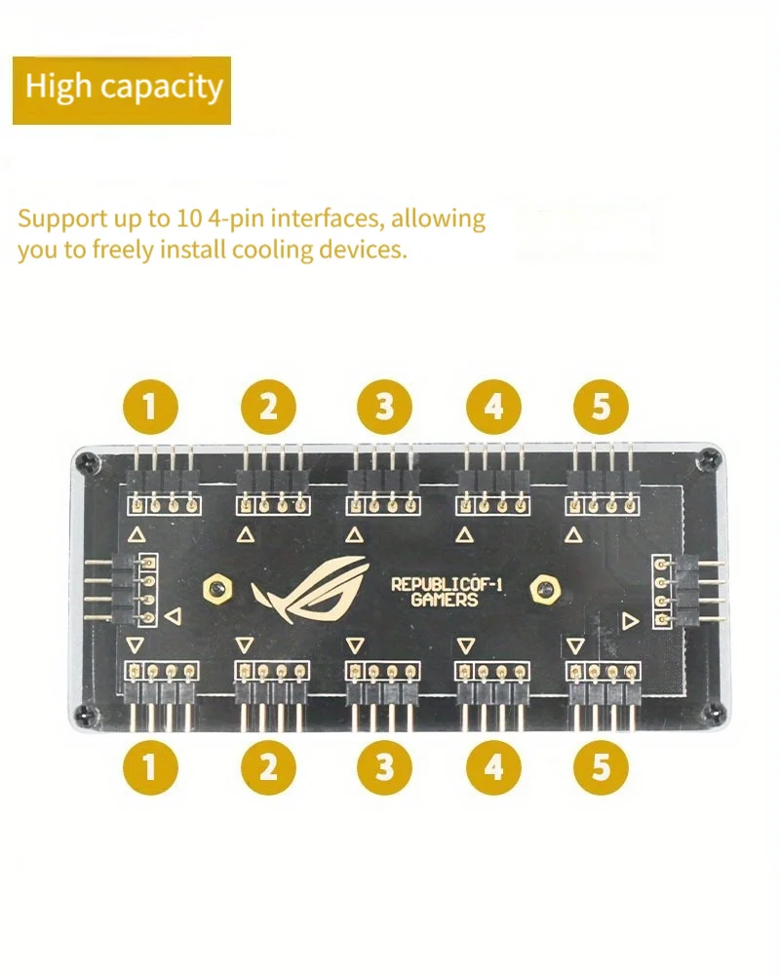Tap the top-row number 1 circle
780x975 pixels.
(x=151, y=406)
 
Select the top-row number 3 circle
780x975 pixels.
(x=383, y=406)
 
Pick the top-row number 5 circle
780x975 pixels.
(x=602, y=406)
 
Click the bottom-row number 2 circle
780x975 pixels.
(x=268, y=766)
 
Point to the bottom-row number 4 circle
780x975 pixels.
(x=494, y=766)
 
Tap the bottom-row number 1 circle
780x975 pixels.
(x=151, y=766)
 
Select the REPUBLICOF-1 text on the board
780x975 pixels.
(x=448, y=583)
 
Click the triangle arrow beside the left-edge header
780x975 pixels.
(x=173, y=616)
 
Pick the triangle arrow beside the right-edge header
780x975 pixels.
(x=629, y=620)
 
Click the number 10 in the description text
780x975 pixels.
(x=190, y=217)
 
